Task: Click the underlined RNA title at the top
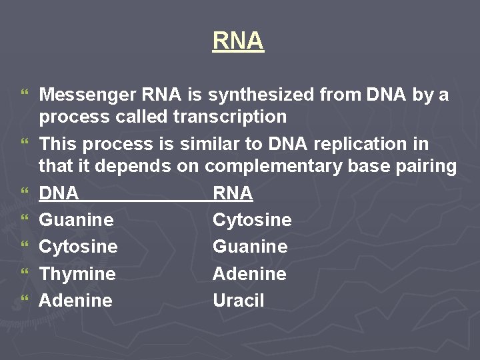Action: tap(239, 41)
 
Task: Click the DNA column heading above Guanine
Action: tap(59, 193)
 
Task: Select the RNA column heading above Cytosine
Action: tap(233, 193)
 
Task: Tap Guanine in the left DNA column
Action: tap(76, 220)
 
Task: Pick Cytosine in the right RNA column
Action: tap(252, 220)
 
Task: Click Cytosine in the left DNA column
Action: tap(78, 247)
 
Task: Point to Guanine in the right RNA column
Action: tap(250, 247)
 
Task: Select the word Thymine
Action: tap(77, 274)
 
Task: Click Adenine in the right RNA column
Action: tap(249, 273)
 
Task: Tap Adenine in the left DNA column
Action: tap(75, 300)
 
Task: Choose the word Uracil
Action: tap(238, 300)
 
